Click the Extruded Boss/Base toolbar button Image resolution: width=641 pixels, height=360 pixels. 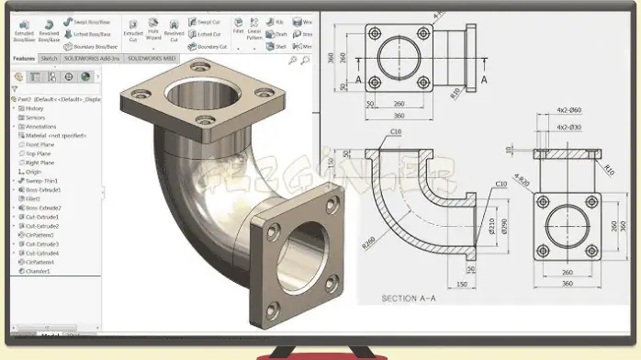pos(23,31)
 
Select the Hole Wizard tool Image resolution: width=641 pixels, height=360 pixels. pos(153,31)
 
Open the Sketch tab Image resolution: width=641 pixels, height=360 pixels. pos(49,58)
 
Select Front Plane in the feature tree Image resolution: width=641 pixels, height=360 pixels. pos(39,144)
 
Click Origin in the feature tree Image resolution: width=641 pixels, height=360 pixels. pos(33,171)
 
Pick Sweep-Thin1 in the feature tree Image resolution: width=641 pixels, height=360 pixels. pos(40,180)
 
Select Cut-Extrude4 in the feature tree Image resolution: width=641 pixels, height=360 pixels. pos(41,253)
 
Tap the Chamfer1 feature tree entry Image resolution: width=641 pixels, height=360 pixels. pos(39,271)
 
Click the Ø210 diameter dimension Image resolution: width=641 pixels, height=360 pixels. pos(492,227)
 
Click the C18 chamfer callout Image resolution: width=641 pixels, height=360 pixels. pos(397,132)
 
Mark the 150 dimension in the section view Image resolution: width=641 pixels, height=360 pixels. pos(460,285)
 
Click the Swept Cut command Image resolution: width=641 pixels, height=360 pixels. pos(208,20)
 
